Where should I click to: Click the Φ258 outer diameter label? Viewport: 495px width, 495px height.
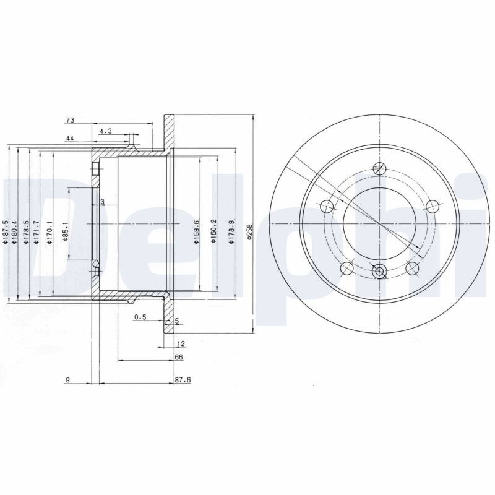(249, 233)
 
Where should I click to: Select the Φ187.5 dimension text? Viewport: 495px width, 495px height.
(5, 232)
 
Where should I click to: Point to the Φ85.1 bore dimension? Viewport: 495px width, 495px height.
(66, 231)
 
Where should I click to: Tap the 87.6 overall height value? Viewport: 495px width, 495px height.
(183, 380)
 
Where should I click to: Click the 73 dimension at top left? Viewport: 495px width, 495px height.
(70, 120)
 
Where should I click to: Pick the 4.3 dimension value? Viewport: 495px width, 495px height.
(106, 131)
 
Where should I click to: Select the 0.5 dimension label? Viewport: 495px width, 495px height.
(140, 317)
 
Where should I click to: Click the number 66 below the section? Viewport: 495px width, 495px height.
(179, 357)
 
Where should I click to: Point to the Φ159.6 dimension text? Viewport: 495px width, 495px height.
(196, 232)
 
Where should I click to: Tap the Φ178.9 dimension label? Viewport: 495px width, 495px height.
(231, 232)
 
